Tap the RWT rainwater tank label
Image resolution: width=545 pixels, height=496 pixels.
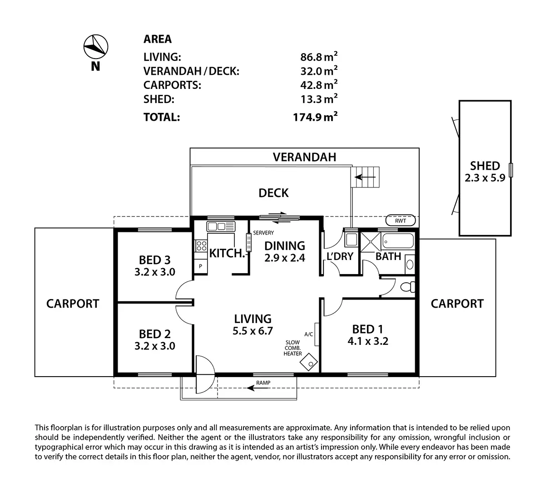coord(400,221)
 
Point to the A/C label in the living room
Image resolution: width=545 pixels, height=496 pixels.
coord(309,334)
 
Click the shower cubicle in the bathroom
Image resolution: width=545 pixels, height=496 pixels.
coord(370,239)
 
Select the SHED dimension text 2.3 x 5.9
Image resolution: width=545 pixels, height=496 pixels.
coord(485,178)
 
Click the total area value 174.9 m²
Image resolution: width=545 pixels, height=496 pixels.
coord(315,117)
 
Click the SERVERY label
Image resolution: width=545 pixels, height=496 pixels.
coord(263,233)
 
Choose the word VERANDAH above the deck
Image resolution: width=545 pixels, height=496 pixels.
coord(304,157)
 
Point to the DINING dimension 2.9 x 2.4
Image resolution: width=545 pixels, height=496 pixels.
coord(285,258)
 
